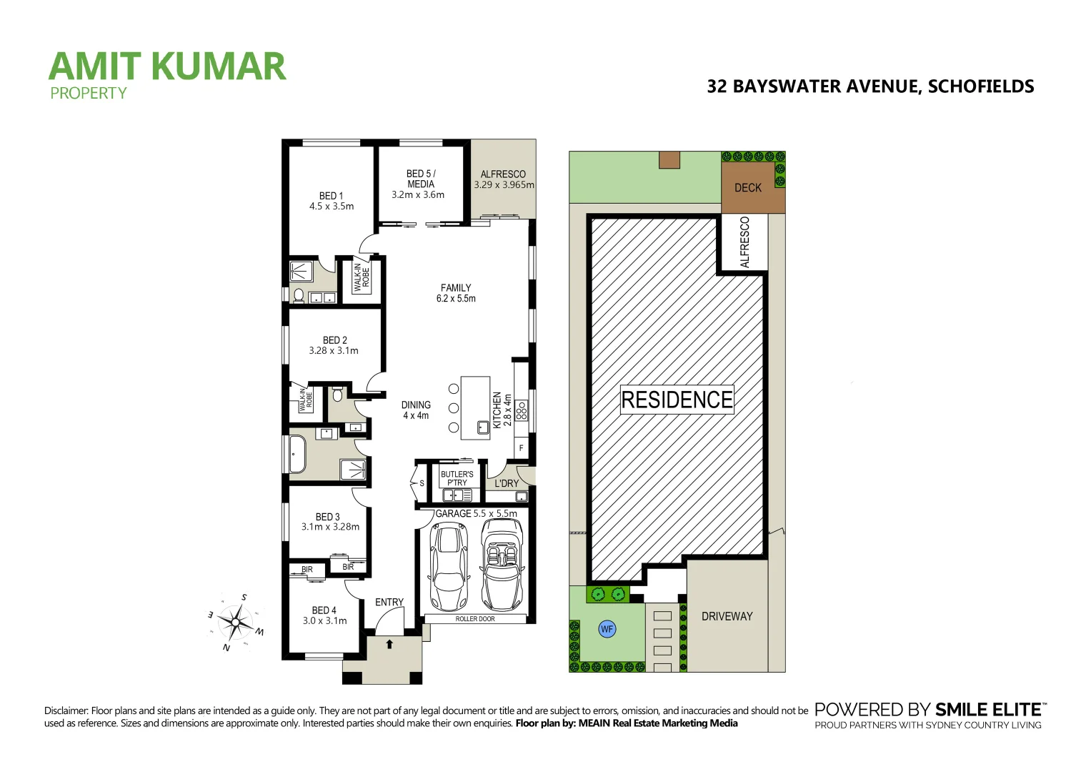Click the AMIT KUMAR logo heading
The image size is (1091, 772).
point(167,66)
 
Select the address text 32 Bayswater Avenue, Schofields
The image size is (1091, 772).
point(870,86)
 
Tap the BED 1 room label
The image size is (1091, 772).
point(331,201)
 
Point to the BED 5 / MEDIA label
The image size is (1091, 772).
point(420,184)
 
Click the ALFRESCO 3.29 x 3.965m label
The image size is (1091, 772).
point(503,179)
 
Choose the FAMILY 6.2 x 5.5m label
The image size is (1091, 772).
point(456,293)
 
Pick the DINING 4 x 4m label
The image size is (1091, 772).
point(416,410)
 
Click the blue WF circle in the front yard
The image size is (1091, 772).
point(607,629)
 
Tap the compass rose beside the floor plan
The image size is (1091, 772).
point(236,622)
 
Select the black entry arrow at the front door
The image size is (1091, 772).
point(389,644)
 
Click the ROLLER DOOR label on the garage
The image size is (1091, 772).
point(475,619)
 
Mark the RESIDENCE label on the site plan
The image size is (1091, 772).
point(677,400)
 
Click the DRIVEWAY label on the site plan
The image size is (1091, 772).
point(727,616)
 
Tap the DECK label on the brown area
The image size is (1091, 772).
point(748,188)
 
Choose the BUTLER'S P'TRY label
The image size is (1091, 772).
point(457,478)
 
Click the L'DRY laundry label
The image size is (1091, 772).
point(507,483)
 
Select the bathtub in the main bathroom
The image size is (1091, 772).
point(297,454)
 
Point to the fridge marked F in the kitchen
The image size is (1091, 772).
point(522,448)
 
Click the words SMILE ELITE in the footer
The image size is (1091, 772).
point(989,710)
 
